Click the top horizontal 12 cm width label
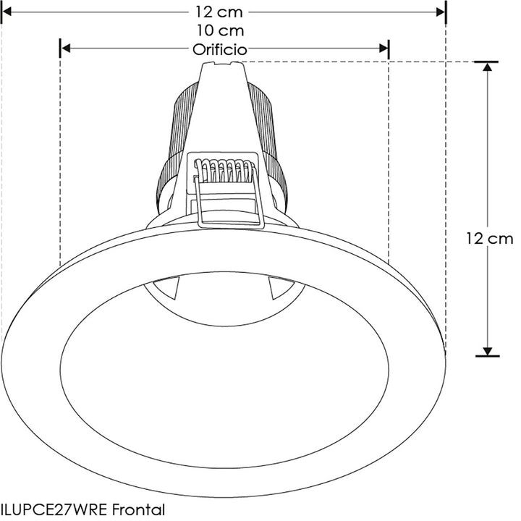(x=220, y=12)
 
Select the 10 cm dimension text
(x=220, y=31)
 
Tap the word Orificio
(x=220, y=49)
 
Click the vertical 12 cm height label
(x=489, y=239)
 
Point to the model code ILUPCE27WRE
(x=52, y=509)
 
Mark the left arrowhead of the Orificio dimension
(x=64, y=48)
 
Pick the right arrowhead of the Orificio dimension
(x=384, y=48)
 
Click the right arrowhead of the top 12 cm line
(x=439, y=12)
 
